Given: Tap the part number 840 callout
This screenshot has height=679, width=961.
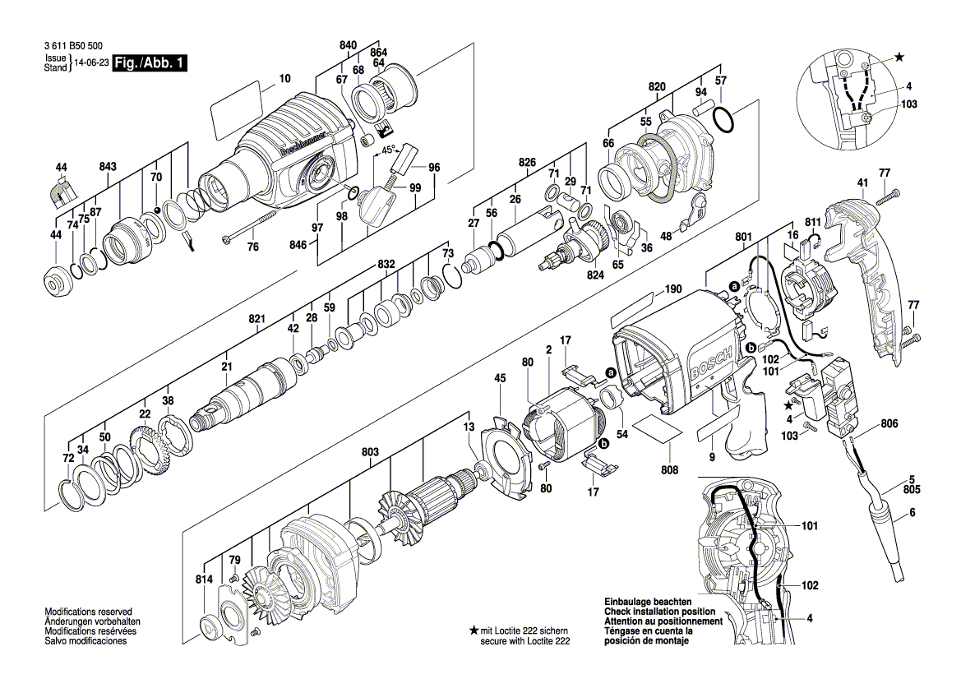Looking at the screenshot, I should [x=348, y=44].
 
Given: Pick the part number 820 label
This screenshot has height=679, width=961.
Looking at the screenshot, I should [x=656, y=87].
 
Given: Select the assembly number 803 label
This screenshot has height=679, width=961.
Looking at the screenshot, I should [x=370, y=451].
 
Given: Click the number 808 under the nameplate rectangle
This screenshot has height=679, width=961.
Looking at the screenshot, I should [x=669, y=470].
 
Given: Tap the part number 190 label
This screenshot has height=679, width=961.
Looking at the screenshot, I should [x=673, y=289].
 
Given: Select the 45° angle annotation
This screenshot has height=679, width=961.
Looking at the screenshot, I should [x=388, y=150].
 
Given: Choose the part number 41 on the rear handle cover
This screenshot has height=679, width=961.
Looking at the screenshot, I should [x=862, y=182].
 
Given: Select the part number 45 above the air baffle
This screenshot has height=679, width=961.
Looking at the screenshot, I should [x=500, y=378].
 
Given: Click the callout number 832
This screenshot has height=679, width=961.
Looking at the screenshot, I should [x=386, y=264].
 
